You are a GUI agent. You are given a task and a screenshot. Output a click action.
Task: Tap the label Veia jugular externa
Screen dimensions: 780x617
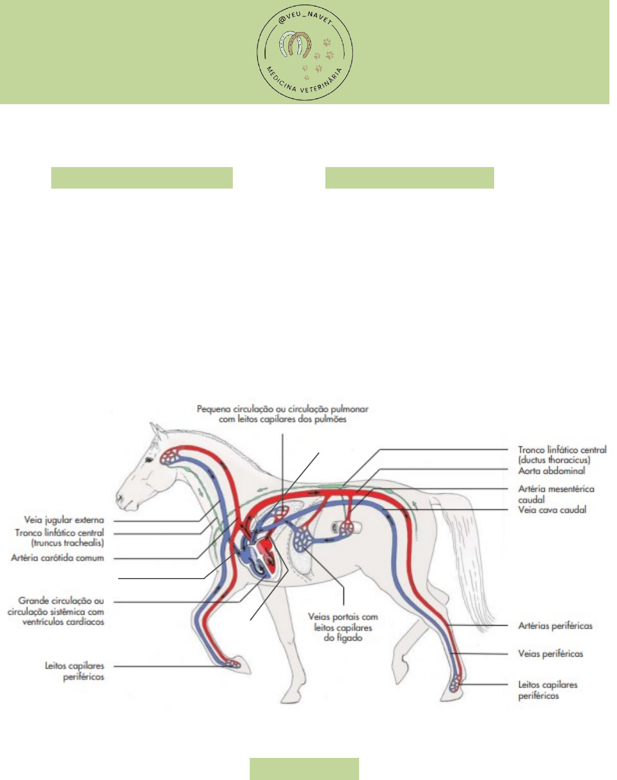click(x=64, y=520)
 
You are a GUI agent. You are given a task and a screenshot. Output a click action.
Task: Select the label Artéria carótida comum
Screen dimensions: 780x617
click(x=58, y=558)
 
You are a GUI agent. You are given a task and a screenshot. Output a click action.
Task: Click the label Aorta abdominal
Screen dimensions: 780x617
click(x=551, y=471)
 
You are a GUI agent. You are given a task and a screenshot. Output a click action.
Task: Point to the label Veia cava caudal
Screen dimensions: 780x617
click(x=552, y=510)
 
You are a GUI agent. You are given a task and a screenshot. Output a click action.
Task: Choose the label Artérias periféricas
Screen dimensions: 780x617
click(x=555, y=626)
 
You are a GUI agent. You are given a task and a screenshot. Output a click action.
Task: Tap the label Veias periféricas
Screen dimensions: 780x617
click(x=550, y=654)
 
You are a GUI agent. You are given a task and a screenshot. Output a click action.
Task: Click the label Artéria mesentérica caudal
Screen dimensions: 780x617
click(x=556, y=494)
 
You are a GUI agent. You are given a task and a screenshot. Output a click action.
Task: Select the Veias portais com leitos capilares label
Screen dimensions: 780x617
click(x=343, y=627)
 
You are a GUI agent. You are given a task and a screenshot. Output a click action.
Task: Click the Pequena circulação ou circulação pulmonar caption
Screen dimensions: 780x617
click(x=283, y=414)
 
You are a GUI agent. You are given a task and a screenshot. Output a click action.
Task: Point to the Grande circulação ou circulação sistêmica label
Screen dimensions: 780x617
click(x=56, y=611)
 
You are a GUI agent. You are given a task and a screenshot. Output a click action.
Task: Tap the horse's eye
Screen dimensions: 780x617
click(x=150, y=459)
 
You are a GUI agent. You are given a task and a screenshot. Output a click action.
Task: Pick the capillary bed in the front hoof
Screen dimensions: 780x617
click(x=233, y=663)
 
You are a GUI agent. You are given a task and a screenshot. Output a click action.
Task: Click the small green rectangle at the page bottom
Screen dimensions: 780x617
click(x=304, y=768)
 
